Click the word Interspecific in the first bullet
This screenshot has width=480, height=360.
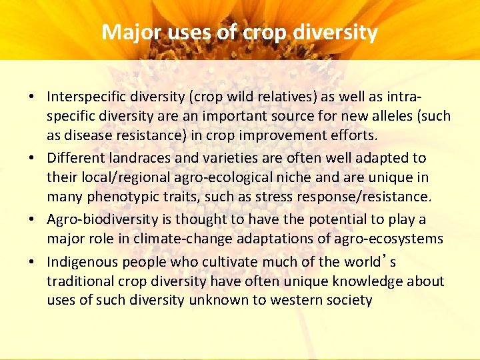coord(87,97)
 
